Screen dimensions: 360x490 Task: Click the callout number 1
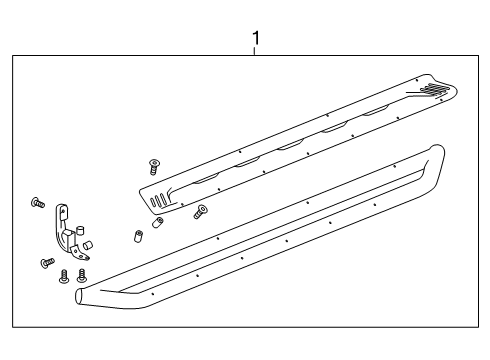(256, 39)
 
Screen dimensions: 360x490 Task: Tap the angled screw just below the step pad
(201, 210)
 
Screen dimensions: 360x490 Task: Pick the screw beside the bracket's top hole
(37, 203)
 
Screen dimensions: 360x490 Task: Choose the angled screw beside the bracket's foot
(46, 263)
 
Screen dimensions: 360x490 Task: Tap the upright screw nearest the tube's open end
(83, 273)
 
